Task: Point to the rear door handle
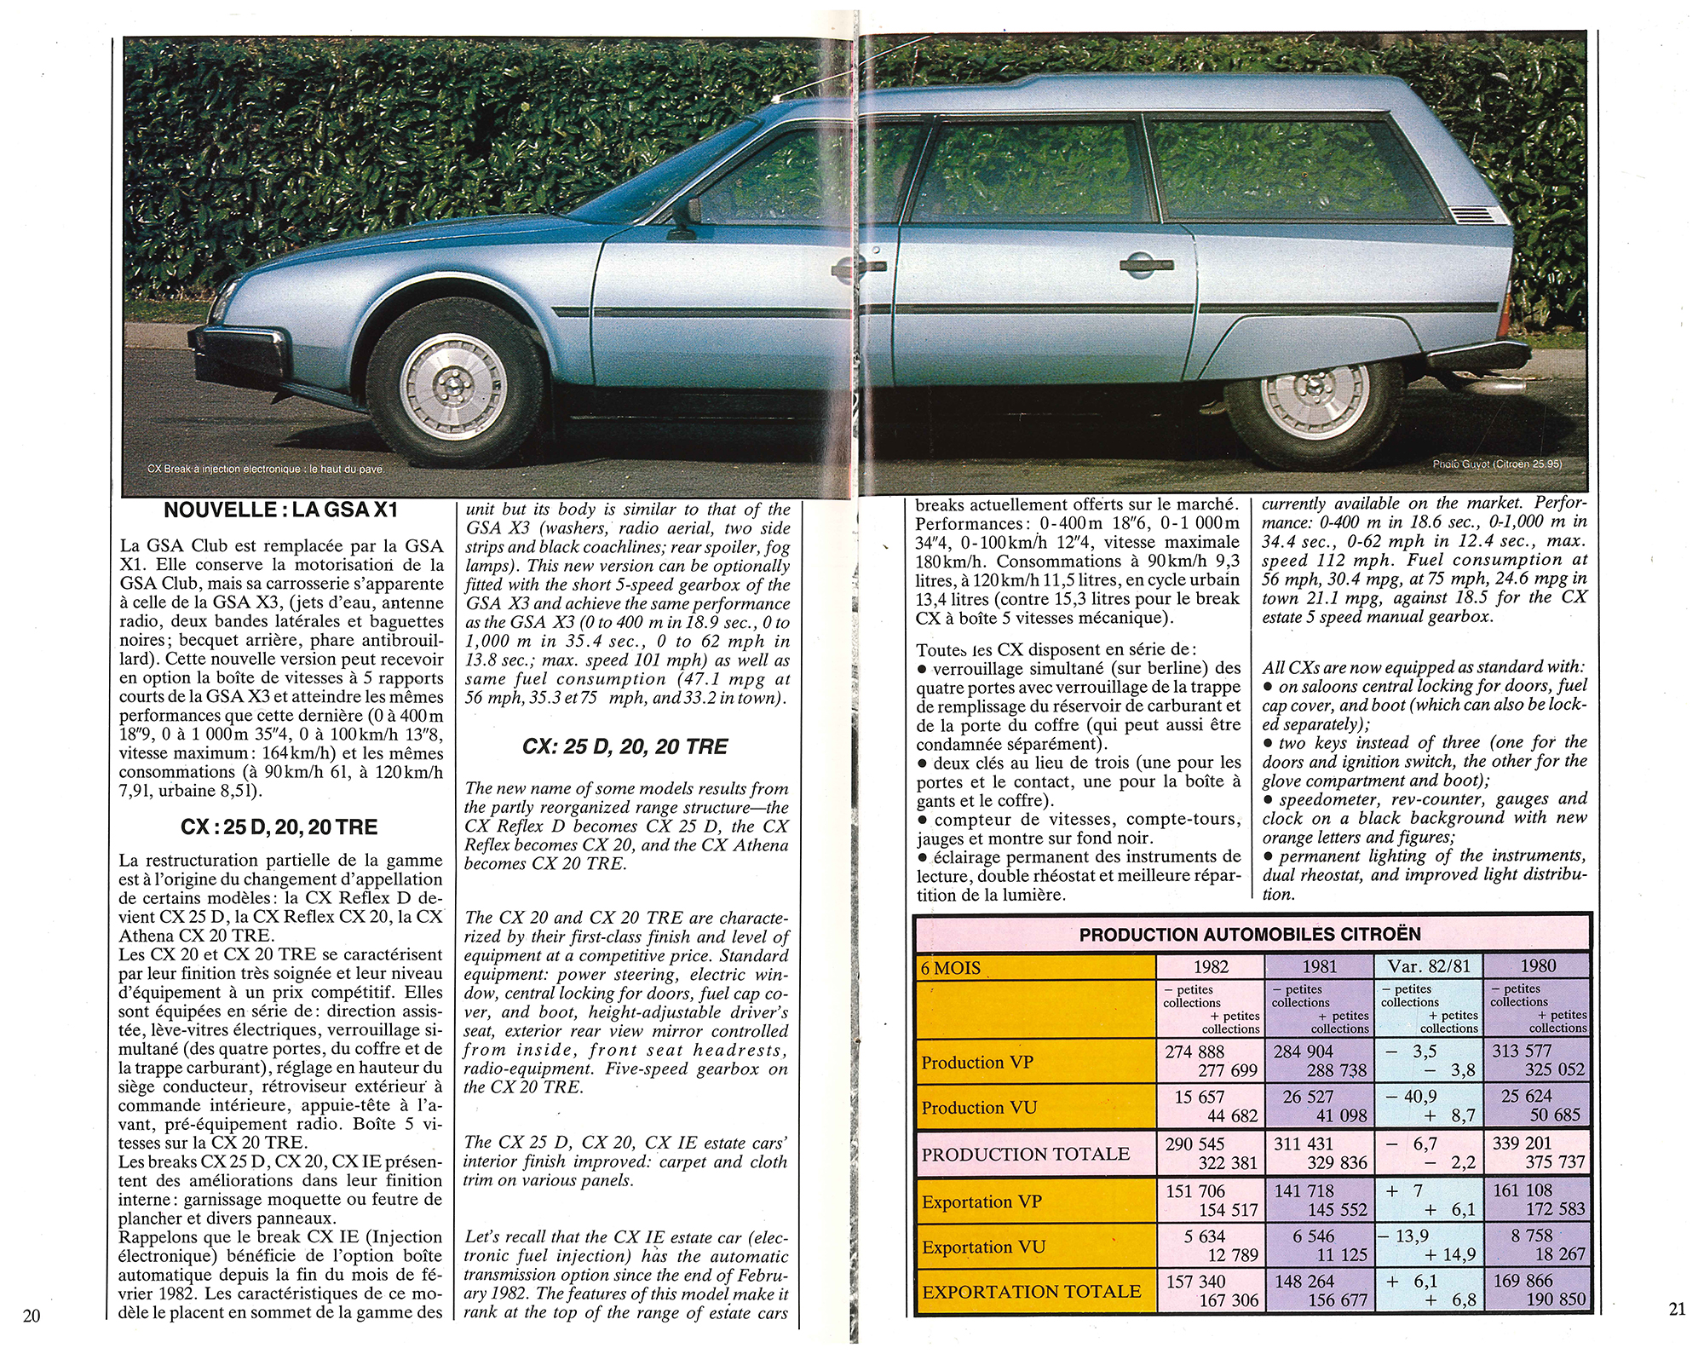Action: point(1146,266)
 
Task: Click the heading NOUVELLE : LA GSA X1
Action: point(280,511)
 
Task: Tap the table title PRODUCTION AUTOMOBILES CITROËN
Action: point(1249,935)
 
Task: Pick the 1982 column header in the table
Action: point(1210,966)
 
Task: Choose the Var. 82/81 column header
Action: point(1428,966)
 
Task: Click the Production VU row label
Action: point(979,1108)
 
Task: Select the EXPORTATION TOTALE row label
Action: point(1031,1292)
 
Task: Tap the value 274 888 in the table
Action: point(1195,1052)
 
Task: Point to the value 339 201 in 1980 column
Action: point(1522,1144)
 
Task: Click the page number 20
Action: point(31,1316)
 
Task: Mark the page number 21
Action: point(1677,1310)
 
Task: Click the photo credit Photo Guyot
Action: point(1497,464)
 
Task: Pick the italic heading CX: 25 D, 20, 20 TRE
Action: point(625,747)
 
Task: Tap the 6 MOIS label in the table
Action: point(951,968)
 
